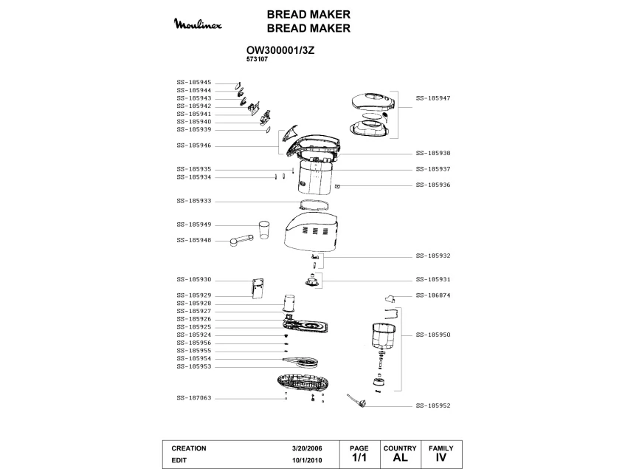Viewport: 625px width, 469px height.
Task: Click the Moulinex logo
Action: pos(198,24)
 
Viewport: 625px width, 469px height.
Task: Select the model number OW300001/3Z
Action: pos(280,51)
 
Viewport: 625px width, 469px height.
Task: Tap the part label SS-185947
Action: pos(433,98)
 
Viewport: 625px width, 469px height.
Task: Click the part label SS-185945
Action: pos(194,83)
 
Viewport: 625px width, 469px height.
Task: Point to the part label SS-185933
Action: pos(194,201)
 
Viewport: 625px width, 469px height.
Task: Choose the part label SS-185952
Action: pos(433,405)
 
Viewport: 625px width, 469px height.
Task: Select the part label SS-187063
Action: pos(194,398)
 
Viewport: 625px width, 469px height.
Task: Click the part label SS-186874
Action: pos(433,295)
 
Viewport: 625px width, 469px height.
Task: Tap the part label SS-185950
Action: pos(433,335)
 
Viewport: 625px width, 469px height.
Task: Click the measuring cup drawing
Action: pos(264,230)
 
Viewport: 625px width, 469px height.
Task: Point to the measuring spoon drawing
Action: pos(241,240)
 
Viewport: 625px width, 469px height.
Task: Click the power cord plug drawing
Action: pos(355,400)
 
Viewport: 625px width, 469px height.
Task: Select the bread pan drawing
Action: pos(384,336)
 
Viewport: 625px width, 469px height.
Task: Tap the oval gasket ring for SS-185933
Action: pos(314,205)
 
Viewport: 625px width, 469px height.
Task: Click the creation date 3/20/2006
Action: pos(307,448)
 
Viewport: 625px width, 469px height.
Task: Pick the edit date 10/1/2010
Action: pos(307,460)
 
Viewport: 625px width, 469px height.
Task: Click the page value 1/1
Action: pos(359,457)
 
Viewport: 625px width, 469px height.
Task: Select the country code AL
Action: pos(400,457)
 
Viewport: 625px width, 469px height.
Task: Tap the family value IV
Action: pos(441,457)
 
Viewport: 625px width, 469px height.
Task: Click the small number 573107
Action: pos(257,59)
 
